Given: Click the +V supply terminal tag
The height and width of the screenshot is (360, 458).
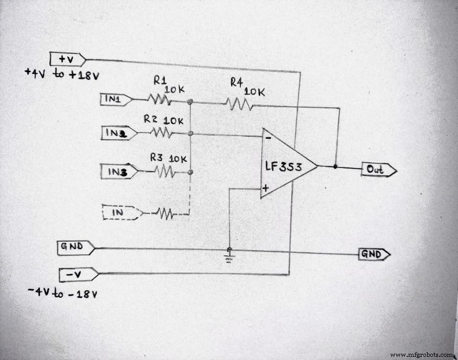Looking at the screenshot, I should (67, 59).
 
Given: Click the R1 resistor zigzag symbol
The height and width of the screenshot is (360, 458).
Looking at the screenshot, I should (159, 99).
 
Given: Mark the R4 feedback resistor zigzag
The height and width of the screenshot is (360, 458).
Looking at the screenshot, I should (240, 104).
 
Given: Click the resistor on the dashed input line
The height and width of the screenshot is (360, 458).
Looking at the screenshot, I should (165, 213).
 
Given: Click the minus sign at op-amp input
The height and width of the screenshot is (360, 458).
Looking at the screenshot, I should (267, 138).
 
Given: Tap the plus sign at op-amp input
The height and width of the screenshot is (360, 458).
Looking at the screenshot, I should (266, 187).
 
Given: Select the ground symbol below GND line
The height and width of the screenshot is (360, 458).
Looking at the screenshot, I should (229, 257).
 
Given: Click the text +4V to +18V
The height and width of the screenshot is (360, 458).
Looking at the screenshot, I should (62, 75).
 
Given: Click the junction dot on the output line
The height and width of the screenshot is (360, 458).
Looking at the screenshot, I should (336, 167).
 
